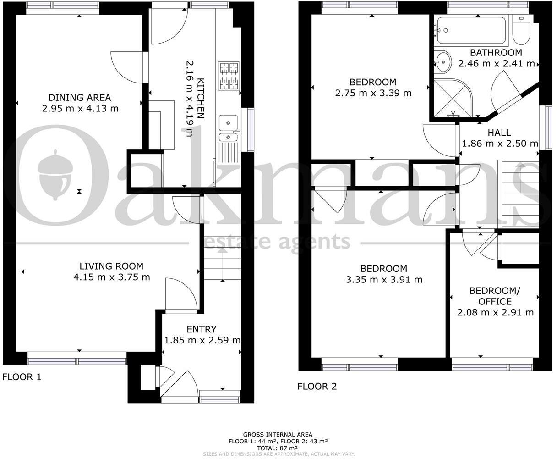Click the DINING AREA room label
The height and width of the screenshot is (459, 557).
80,98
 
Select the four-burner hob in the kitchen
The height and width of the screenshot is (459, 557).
229,76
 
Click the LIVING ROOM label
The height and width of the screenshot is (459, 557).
111,266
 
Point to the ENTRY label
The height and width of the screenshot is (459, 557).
202,329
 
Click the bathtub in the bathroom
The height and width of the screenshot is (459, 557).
471,30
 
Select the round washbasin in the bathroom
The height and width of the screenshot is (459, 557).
442,62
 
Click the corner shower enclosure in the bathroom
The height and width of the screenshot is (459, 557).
452,98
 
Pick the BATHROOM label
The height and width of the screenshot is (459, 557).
496,53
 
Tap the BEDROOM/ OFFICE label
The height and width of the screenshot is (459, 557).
495,296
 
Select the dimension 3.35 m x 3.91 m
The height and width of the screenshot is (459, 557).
384,280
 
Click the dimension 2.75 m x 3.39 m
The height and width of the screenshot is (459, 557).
373,93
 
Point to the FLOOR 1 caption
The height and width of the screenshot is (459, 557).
22,377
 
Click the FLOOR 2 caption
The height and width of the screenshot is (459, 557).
317,387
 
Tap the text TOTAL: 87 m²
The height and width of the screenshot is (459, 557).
277,448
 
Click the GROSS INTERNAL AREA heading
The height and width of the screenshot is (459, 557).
278,435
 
